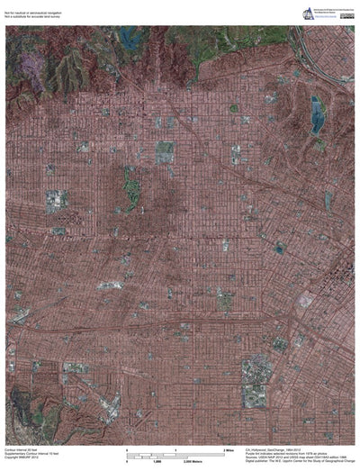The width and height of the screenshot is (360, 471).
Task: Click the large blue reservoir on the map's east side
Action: click(316, 115)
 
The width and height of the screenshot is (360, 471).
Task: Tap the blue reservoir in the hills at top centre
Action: click(133, 39)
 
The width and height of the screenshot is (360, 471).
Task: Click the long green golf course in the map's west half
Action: click(132, 185)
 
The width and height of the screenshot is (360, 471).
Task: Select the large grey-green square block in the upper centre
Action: click(165, 150)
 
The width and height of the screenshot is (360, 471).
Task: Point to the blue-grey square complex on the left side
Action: click(56, 199)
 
